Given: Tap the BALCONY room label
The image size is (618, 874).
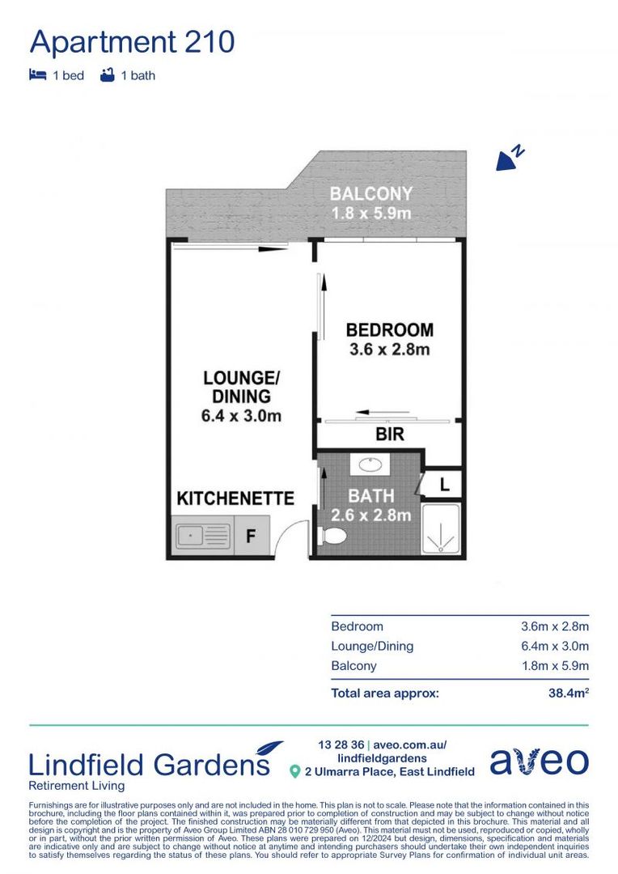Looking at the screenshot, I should click(x=371, y=194).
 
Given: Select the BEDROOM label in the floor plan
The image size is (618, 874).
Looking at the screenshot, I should click(x=389, y=330).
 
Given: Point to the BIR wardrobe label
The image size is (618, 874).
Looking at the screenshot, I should click(x=389, y=435).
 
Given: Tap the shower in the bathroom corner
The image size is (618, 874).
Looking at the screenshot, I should click(x=441, y=529).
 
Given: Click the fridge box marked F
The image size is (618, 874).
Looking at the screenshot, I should click(x=252, y=537).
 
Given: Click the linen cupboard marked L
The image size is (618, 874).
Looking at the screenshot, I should click(x=444, y=485).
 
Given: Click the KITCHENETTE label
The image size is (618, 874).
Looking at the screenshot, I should click(x=235, y=499).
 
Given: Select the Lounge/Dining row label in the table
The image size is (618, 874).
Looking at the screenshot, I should click(x=372, y=646).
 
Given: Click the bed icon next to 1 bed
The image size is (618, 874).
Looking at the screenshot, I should click(x=37, y=75).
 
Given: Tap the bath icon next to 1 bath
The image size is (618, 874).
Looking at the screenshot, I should click(x=107, y=75).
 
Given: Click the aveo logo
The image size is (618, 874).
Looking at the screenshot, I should click(x=539, y=762).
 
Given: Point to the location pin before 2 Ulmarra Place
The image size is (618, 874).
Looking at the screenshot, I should click(x=296, y=772).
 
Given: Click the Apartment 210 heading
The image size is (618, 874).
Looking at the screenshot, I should click(x=133, y=41).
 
